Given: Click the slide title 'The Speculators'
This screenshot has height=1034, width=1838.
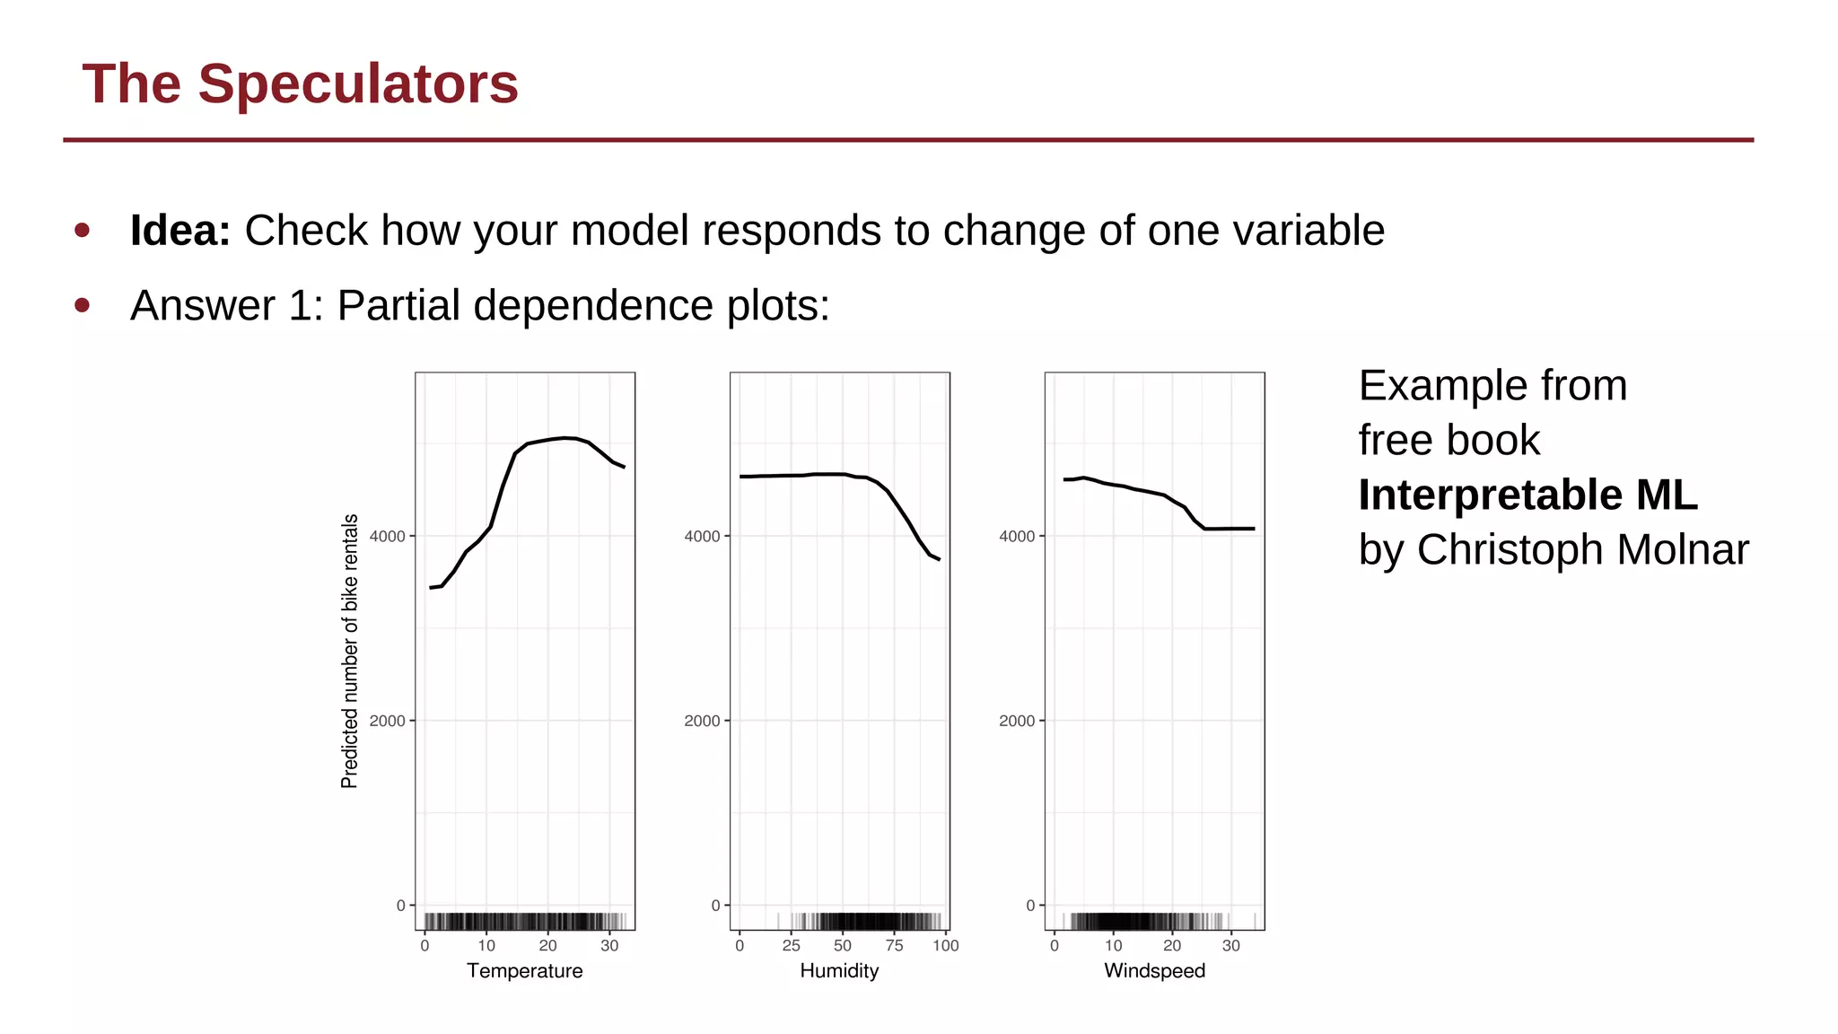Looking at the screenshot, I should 300,83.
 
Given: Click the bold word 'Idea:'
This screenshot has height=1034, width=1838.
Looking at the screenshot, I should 180,231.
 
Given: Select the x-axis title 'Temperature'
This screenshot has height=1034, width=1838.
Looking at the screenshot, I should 524,970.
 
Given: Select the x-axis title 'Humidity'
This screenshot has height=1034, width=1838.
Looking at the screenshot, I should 839,970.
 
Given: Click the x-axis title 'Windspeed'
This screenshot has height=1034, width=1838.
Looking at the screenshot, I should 1154,970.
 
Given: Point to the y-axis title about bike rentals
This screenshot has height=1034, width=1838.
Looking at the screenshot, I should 350,651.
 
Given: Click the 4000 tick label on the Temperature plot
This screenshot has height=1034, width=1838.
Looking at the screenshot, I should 388,536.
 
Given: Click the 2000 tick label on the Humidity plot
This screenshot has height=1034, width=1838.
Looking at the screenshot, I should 702,721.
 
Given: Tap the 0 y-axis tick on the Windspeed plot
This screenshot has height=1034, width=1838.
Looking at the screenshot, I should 1030,906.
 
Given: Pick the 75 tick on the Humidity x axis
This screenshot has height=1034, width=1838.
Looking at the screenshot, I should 894,945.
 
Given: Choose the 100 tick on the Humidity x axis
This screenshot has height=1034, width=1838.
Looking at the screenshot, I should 945,945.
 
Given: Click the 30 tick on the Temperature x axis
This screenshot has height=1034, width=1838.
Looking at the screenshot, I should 609,945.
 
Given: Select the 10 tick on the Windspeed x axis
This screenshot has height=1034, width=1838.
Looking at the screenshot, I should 1113,945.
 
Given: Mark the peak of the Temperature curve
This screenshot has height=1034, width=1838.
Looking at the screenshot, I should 564,438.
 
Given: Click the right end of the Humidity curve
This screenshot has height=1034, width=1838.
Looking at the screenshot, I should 939,559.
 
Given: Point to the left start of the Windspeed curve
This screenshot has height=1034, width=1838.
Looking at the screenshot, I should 1065,479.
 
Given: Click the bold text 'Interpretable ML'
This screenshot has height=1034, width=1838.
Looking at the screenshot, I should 1527,495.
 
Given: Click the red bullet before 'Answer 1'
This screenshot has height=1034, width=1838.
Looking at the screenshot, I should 83,305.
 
